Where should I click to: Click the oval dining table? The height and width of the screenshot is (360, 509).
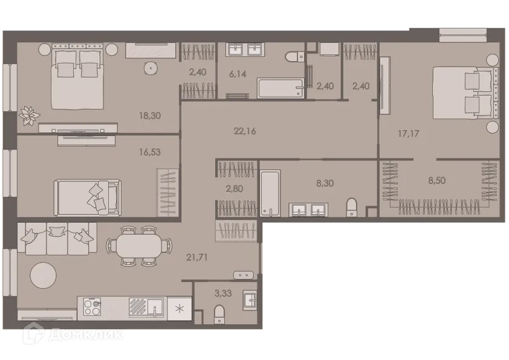pos(138,245)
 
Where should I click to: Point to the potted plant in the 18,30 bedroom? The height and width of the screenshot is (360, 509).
pos(28,114)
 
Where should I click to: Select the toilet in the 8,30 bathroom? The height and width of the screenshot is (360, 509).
pos(352,207)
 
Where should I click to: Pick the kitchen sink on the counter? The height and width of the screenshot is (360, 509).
pos(155,307)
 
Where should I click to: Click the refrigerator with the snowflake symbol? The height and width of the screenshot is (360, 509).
pos(179,307)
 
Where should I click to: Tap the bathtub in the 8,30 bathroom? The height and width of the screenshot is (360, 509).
pos(270,192)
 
